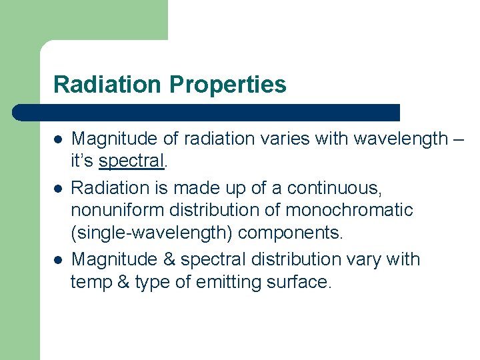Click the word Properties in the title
pyautogui.click(x=228, y=85)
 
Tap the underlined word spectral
pyautogui.click(x=131, y=162)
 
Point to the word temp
pyautogui.click(x=92, y=282)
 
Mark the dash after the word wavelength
pyautogui.click(x=457, y=139)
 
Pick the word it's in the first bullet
pyautogui.click(x=83, y=162)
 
